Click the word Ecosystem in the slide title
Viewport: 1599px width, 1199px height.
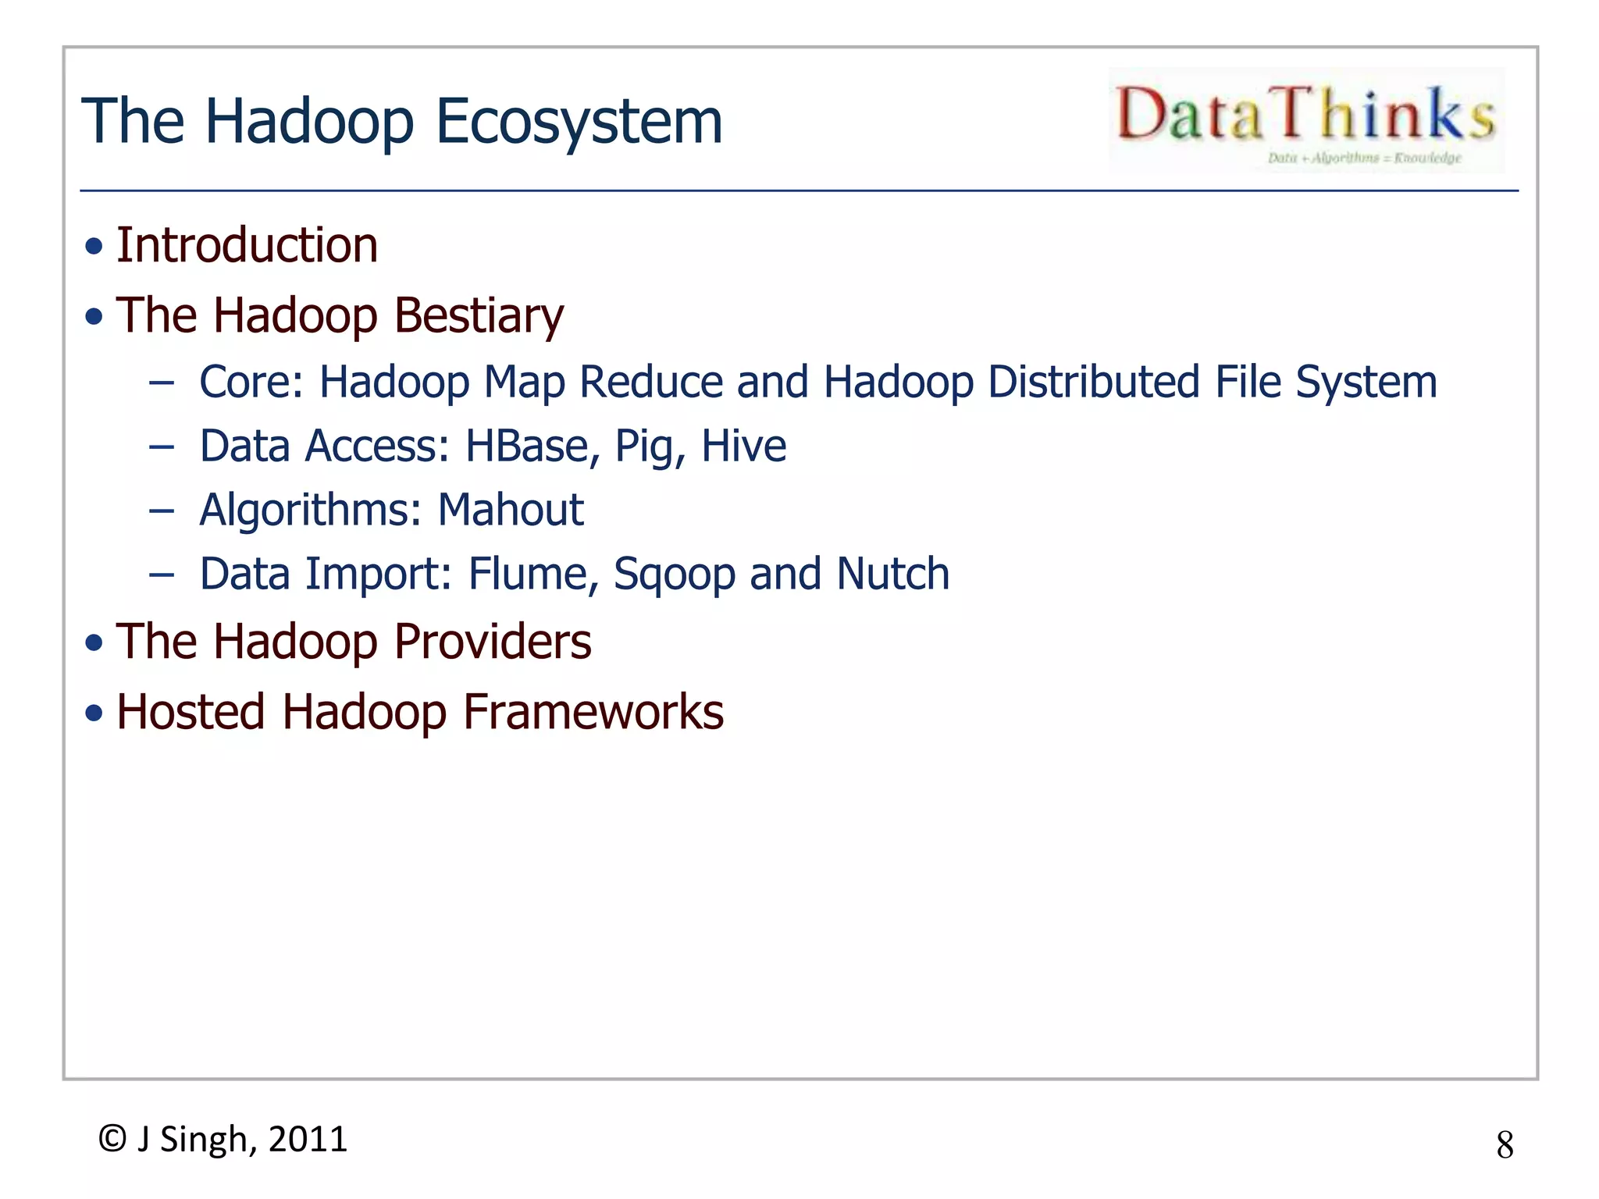579,122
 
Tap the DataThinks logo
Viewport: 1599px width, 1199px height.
1306,119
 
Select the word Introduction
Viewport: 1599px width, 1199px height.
247,245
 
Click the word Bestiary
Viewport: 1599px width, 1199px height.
479,316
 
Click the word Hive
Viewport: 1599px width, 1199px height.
743,447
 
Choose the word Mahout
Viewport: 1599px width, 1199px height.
510,511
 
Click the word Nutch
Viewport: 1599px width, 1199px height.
892,575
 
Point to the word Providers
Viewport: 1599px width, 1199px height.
493,642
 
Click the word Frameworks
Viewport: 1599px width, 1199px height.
593,712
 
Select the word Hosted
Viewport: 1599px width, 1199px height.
191,712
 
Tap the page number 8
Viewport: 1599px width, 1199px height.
1505,1145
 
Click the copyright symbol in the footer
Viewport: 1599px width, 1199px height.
112,1139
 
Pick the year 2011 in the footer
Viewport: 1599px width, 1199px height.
308,1140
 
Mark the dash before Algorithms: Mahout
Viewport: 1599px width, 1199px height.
162,511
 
